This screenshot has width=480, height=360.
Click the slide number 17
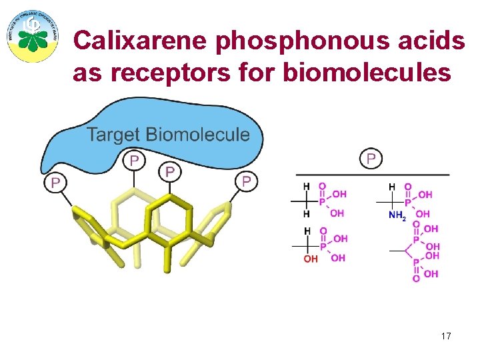pos(446,336)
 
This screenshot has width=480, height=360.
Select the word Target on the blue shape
pos(114,135)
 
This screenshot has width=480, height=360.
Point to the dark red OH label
pos(311,259)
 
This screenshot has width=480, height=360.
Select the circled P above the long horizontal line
pos(371,158)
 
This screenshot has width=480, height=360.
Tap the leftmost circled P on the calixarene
pos(55,182)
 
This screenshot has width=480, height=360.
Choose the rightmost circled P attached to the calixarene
pos(246,181)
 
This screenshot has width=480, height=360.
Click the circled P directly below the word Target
pos(134,160)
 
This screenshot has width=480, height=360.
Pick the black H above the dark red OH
pos(307,231)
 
